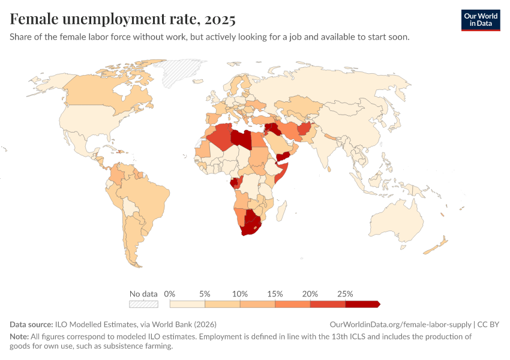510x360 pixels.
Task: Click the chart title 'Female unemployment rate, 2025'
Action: click(x=122, y=19)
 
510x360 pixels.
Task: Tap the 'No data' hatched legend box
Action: click(x=143, y=304)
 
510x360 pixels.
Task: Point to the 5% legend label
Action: click(x=205, y=294)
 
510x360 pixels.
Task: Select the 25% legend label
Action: click(x=345, y=294)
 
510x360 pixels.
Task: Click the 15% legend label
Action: click(x=275, y=294)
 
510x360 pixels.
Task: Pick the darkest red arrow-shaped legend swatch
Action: click(x=362, y=304)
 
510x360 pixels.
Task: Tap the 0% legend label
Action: click(x=169, y=294)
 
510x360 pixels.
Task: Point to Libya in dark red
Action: click(x=241, y=139)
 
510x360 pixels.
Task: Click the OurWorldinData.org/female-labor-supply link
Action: click(x=401, y=324)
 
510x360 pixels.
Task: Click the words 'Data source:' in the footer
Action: click(x=31, y=324)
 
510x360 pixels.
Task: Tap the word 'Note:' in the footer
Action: click(x=20, y=337)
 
